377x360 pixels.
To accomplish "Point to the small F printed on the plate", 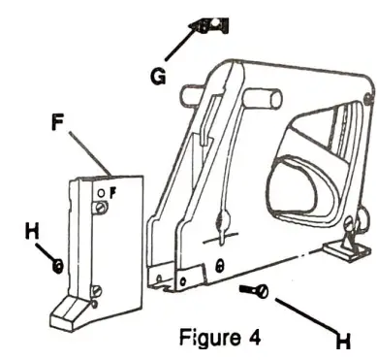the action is click(112, 192).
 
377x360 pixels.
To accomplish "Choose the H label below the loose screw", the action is click(341, 341).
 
